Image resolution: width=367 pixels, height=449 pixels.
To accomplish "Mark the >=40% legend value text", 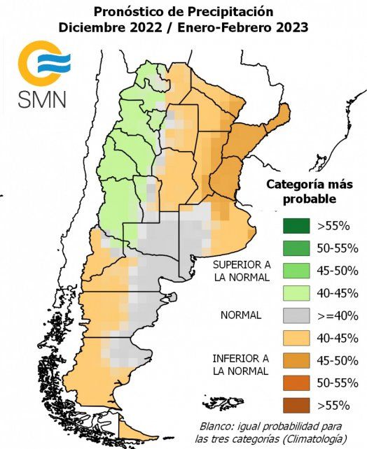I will tap(338, 315).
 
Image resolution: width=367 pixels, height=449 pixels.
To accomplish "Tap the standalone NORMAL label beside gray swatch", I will tap(240, 315).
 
